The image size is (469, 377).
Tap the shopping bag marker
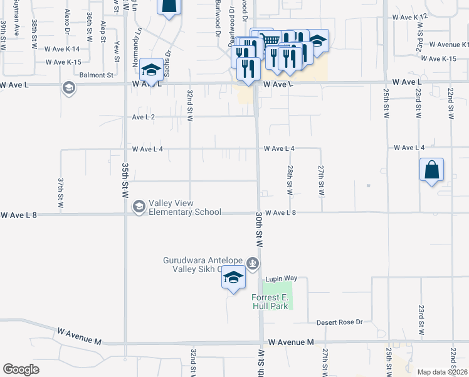pos(431,170)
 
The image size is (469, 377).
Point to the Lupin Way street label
pos(280,278)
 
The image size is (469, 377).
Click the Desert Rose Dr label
pos(339,322)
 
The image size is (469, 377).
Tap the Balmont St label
pos(96,74)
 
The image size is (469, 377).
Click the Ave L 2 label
pos(143,117)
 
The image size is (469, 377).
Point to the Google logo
pos(21,369)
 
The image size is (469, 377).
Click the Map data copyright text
pos(443,372)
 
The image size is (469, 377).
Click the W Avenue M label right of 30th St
pos(290,342)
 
